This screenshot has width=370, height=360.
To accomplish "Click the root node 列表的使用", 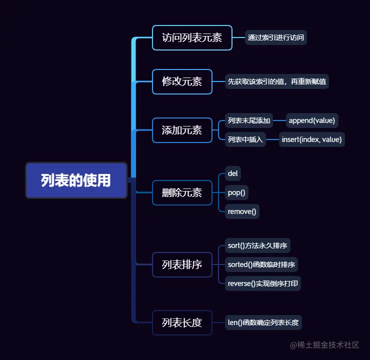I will click(76, 180).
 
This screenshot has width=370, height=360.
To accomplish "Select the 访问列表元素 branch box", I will click(192, 37).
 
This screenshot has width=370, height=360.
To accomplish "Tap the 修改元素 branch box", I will click(182, 81).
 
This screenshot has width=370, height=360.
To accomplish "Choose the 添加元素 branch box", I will click(182, 130).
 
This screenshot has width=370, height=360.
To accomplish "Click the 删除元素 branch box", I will click(182, 192).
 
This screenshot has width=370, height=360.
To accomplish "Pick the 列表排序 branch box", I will click(182, 264).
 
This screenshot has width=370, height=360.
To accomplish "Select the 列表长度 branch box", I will click(182, 322).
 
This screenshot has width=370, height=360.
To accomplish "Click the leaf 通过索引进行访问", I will click(276, 37).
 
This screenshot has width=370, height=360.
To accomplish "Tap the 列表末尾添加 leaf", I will click(248, 120).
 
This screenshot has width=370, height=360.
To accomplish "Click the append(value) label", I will click(312, 120).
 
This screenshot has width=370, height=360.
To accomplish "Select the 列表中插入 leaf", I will click(245, 139).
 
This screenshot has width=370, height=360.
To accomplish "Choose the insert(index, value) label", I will click(311, 139).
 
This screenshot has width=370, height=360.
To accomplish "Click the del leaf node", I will click(232, 173).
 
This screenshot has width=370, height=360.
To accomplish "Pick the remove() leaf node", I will click(242, 211).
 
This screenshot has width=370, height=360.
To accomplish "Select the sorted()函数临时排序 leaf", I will click(261, 264).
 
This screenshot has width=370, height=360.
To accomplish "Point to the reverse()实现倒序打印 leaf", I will click(262, 283).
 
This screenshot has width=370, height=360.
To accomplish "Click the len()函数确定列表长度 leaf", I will click(263, 322).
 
